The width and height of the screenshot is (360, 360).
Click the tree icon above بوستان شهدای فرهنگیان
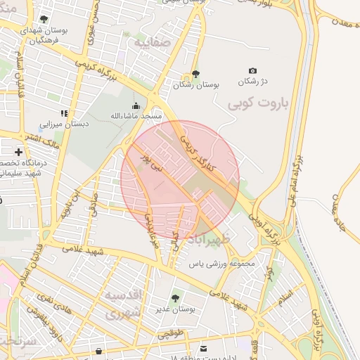tap(44, 19)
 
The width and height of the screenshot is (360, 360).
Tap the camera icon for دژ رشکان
tap(253, 71)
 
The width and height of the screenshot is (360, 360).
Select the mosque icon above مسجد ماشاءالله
tap(135, 105)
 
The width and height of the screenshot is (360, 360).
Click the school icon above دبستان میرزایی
tap(63, 113)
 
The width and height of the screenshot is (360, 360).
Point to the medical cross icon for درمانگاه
tap(18, 152)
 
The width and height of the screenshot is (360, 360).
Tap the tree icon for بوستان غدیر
tap(175, 298)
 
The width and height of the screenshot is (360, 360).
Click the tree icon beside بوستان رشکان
tap(195, 75)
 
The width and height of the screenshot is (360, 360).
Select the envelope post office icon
tap(204, 349)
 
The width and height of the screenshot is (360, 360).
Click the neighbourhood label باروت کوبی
tap(259, 103)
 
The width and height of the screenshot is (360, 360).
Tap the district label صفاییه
tap(150, 41)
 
